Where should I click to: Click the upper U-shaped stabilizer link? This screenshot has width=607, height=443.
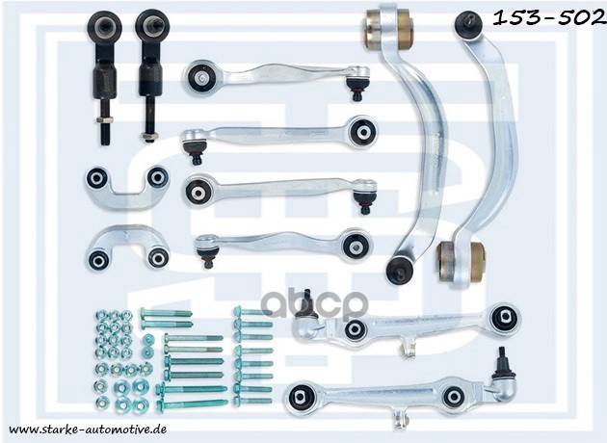coord(126,184)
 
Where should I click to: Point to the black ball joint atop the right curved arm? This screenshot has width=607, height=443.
coord(469,23)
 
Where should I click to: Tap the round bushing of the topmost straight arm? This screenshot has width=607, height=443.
coord(202,76)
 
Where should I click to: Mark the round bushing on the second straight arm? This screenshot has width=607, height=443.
coord(362,131)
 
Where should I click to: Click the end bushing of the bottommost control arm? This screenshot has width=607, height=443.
coord(300,395)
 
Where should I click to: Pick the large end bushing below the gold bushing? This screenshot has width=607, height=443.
coord(504,318)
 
